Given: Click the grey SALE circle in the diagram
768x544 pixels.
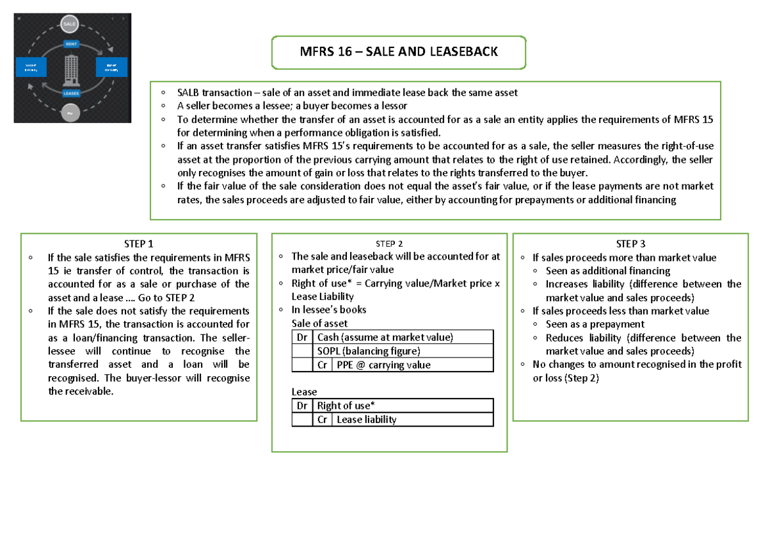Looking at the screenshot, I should [x=70, y=24].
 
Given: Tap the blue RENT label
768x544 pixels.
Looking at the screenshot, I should [x=72, y=44].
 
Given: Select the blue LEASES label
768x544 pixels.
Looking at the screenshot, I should [x=71, y=93].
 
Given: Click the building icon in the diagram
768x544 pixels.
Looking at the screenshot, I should [x=71, y=69].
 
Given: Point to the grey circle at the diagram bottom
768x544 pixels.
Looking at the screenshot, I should [x=70, y=113].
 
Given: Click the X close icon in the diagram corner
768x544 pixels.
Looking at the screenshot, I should [x=19, y=19].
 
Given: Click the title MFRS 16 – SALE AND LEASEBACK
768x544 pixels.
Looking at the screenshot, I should [x=399, y=52].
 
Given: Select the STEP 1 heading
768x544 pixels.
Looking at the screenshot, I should [x=139, y=243].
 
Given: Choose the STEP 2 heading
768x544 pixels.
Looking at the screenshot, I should [x=389, y=243].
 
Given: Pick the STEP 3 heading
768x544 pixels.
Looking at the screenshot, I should [x=630, y=243].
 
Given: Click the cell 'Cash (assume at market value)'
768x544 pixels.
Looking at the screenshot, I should [x=385, y=337].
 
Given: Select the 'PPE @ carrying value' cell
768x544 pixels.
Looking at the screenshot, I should [x=383, y=365].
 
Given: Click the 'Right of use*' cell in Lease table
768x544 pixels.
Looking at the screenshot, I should [x=344, y=406].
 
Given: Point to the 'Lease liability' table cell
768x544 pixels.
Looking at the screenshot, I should [x=366, y=420].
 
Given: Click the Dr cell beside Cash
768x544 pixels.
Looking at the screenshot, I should [x=301, y=337].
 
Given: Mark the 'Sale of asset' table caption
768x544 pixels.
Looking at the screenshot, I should [x=319, y=323].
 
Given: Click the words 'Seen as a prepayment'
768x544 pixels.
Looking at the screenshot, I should [x=595, y=324].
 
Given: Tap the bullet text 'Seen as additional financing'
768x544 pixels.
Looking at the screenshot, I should [x=608, y=270].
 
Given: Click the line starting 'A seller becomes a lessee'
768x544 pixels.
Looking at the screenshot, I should [x=292, y=105].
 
